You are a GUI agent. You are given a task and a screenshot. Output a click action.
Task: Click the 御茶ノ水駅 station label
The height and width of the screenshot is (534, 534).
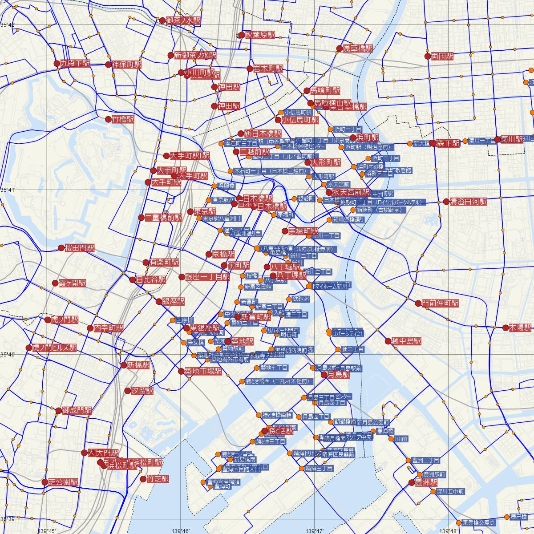(x=183, y=20)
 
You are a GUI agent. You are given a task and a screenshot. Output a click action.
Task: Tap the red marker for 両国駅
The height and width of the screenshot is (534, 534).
(x=428, y=56)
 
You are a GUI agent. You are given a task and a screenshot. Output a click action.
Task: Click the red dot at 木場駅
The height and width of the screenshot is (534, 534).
(x=506, y=328)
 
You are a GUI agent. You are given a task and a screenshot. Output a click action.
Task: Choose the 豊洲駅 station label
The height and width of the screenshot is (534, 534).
(x=426, y=482)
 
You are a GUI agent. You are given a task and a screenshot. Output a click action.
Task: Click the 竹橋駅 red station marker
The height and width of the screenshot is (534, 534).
(x=109, y=119)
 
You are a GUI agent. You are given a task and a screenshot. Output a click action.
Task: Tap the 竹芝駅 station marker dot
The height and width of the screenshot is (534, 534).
(x=143, y=479)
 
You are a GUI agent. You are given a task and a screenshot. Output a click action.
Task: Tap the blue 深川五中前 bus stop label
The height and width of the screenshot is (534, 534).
(x=450, y=492)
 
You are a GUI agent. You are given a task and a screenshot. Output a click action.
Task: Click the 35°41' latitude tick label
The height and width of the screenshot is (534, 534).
(x=8, y=190)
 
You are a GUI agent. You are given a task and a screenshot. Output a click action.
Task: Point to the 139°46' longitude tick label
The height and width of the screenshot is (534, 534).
(x=181, y=531)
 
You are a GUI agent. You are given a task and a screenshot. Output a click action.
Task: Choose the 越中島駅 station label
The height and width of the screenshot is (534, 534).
(x=406, y=341)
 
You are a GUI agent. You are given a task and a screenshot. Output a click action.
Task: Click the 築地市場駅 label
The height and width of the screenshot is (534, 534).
(x=203, y=371)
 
